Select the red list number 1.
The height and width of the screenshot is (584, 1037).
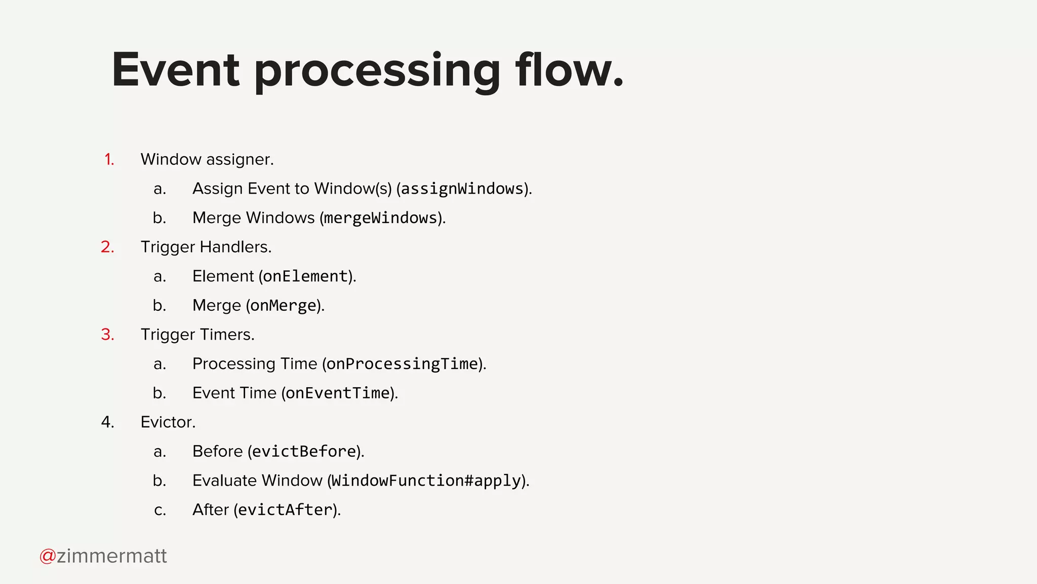click(109, 160)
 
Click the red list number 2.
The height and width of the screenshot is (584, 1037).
click(107, 247)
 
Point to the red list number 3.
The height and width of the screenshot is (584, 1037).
click(107, 335)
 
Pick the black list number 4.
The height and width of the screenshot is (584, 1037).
click(107, 422)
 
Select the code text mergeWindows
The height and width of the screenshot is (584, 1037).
click(380, 218)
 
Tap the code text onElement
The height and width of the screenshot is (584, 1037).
click(305, 276)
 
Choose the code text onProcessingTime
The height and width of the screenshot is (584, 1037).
click(402, 364)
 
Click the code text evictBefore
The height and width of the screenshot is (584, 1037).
click(304, 452)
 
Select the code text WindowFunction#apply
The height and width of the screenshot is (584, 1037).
click(426, 481)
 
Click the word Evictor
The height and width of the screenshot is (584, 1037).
click(168, 422)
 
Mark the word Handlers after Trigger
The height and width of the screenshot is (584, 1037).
click(235, 247)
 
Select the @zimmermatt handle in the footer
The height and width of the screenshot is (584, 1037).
click(103, 556)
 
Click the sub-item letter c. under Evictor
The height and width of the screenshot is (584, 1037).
click(160, 510)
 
